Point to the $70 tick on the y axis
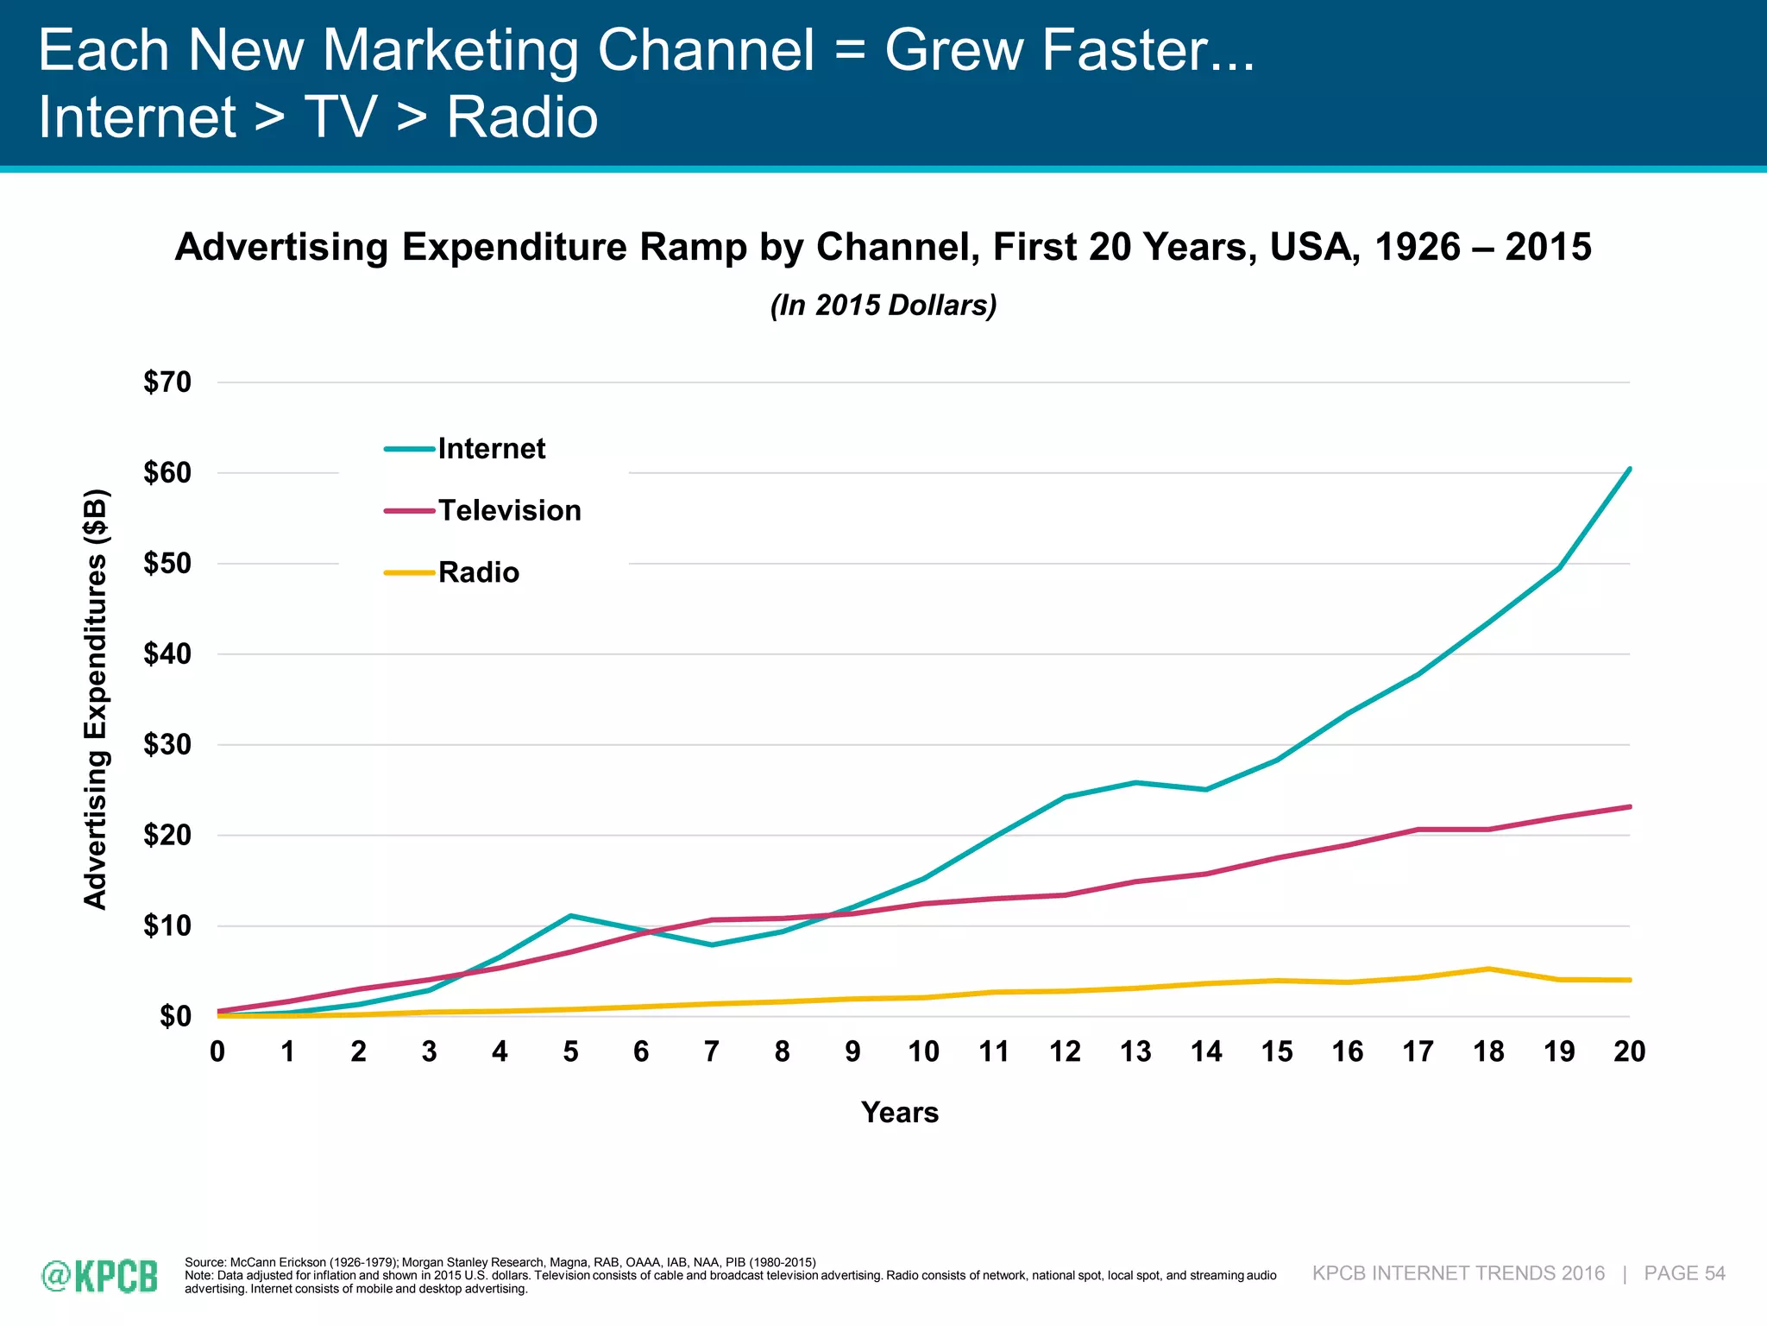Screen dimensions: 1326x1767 pos(167,382)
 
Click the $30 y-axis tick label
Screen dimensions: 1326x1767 pos(167,745)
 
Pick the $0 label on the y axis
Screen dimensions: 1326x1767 pos(175,1017)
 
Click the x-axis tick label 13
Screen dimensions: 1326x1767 pos(1135,1051)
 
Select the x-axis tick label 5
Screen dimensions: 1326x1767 pos(570,1051)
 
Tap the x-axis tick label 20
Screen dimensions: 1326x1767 pos(1629,1051)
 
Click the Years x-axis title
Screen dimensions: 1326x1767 pos(899,1113)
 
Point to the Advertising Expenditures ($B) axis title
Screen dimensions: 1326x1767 pos(96,699)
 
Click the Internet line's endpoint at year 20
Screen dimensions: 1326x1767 pos(1629,469)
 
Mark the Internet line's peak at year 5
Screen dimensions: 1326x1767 pos(570,916)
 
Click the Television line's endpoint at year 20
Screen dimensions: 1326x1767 pos(1629,806)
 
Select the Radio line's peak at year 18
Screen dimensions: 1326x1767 pos(1488,969)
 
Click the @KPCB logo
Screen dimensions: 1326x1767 pos(100,1276)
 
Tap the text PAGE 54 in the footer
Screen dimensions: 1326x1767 pos(1684,1273)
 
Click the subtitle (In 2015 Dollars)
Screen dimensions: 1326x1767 pos(883,306)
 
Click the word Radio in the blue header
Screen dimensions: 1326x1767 pos(522,117)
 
